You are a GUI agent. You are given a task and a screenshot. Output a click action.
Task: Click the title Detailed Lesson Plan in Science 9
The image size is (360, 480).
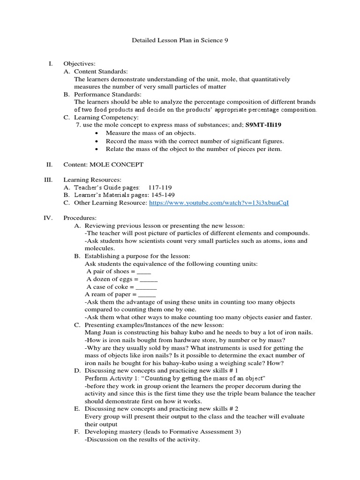(180, 41)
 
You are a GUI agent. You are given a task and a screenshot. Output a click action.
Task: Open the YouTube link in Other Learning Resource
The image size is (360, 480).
(219, 203)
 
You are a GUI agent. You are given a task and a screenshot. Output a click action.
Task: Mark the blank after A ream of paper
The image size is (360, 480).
(147, 294)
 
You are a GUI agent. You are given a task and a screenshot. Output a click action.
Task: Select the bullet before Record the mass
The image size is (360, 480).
(96, 141)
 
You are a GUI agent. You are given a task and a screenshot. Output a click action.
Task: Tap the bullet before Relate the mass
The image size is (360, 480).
(96, 149)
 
